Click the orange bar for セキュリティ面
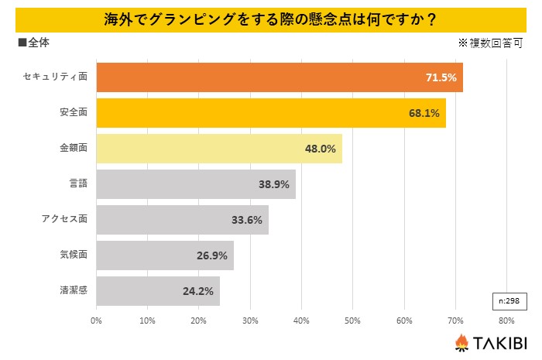click(x=279, y=77)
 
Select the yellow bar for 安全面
click(x=270, y=113)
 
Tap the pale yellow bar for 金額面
click(x=218, y=149)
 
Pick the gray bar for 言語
click(x=195, y=184)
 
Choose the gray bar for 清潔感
click(x=158, y=291)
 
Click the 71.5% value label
click(x=441, y=77)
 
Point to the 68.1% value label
click(x=424, y=113)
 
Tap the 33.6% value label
click(x=247, y=220)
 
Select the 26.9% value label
click(x=212, y=255)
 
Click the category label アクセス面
click(x=64, y=220)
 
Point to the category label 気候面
click(x=74, y=255)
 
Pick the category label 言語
click(x=78, y=184)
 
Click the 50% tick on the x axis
click(x=352, y=320)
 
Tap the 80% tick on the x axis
click(x=506, y=320)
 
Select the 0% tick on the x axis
click(x=97, y=320)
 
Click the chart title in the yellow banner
click(x=270, y=19)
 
